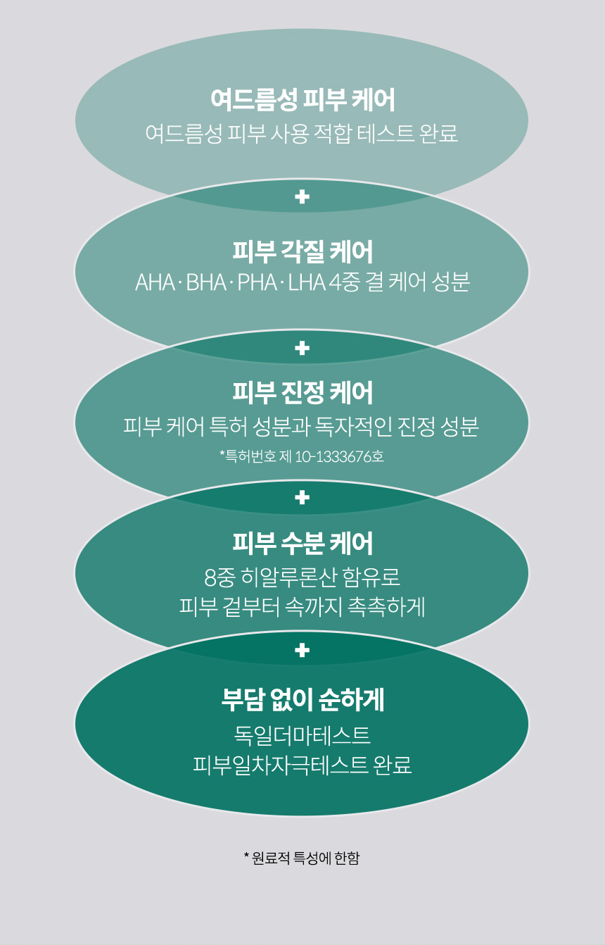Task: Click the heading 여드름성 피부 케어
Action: click(x=302, y=100)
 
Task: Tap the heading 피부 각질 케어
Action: click(x=302, y=251)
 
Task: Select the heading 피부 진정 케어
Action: click(x=302, y=393)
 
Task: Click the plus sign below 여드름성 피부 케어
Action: click(x=302, y=197)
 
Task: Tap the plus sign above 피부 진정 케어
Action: click(x=302, y=348)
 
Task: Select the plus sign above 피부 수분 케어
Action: click(x=302, y=498)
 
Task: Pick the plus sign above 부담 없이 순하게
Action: click(x=302, y=650)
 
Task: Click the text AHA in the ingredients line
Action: click(x=155, y=283)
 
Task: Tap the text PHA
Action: click(x=257, y=283)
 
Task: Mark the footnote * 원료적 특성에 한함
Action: click(x=302, y=858)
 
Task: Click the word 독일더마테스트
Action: click(x=302, y=736)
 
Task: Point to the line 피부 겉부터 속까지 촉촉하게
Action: click(x=302, y=606)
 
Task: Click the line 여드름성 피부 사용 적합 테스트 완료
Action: click(x=302, y=133)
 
